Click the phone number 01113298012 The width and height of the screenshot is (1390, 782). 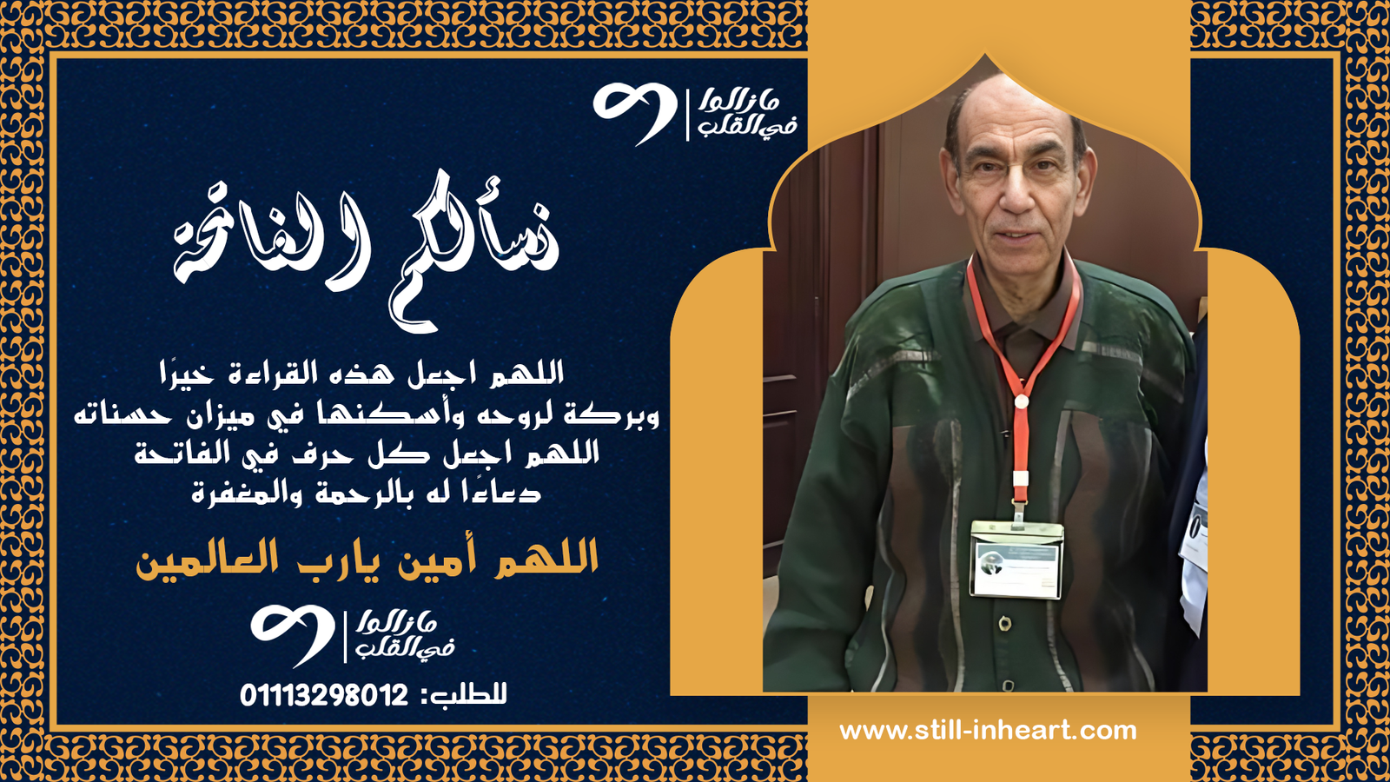(323, 695)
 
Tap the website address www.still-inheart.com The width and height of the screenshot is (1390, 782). (988, 731)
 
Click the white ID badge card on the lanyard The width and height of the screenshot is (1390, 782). (1016, 560)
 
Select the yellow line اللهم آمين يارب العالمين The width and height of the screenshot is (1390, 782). (367, 559)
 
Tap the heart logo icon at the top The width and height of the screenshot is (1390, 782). (634, 112)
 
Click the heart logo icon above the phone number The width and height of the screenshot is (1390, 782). (293, 634)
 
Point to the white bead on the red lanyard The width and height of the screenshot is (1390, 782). (1022, 401)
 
